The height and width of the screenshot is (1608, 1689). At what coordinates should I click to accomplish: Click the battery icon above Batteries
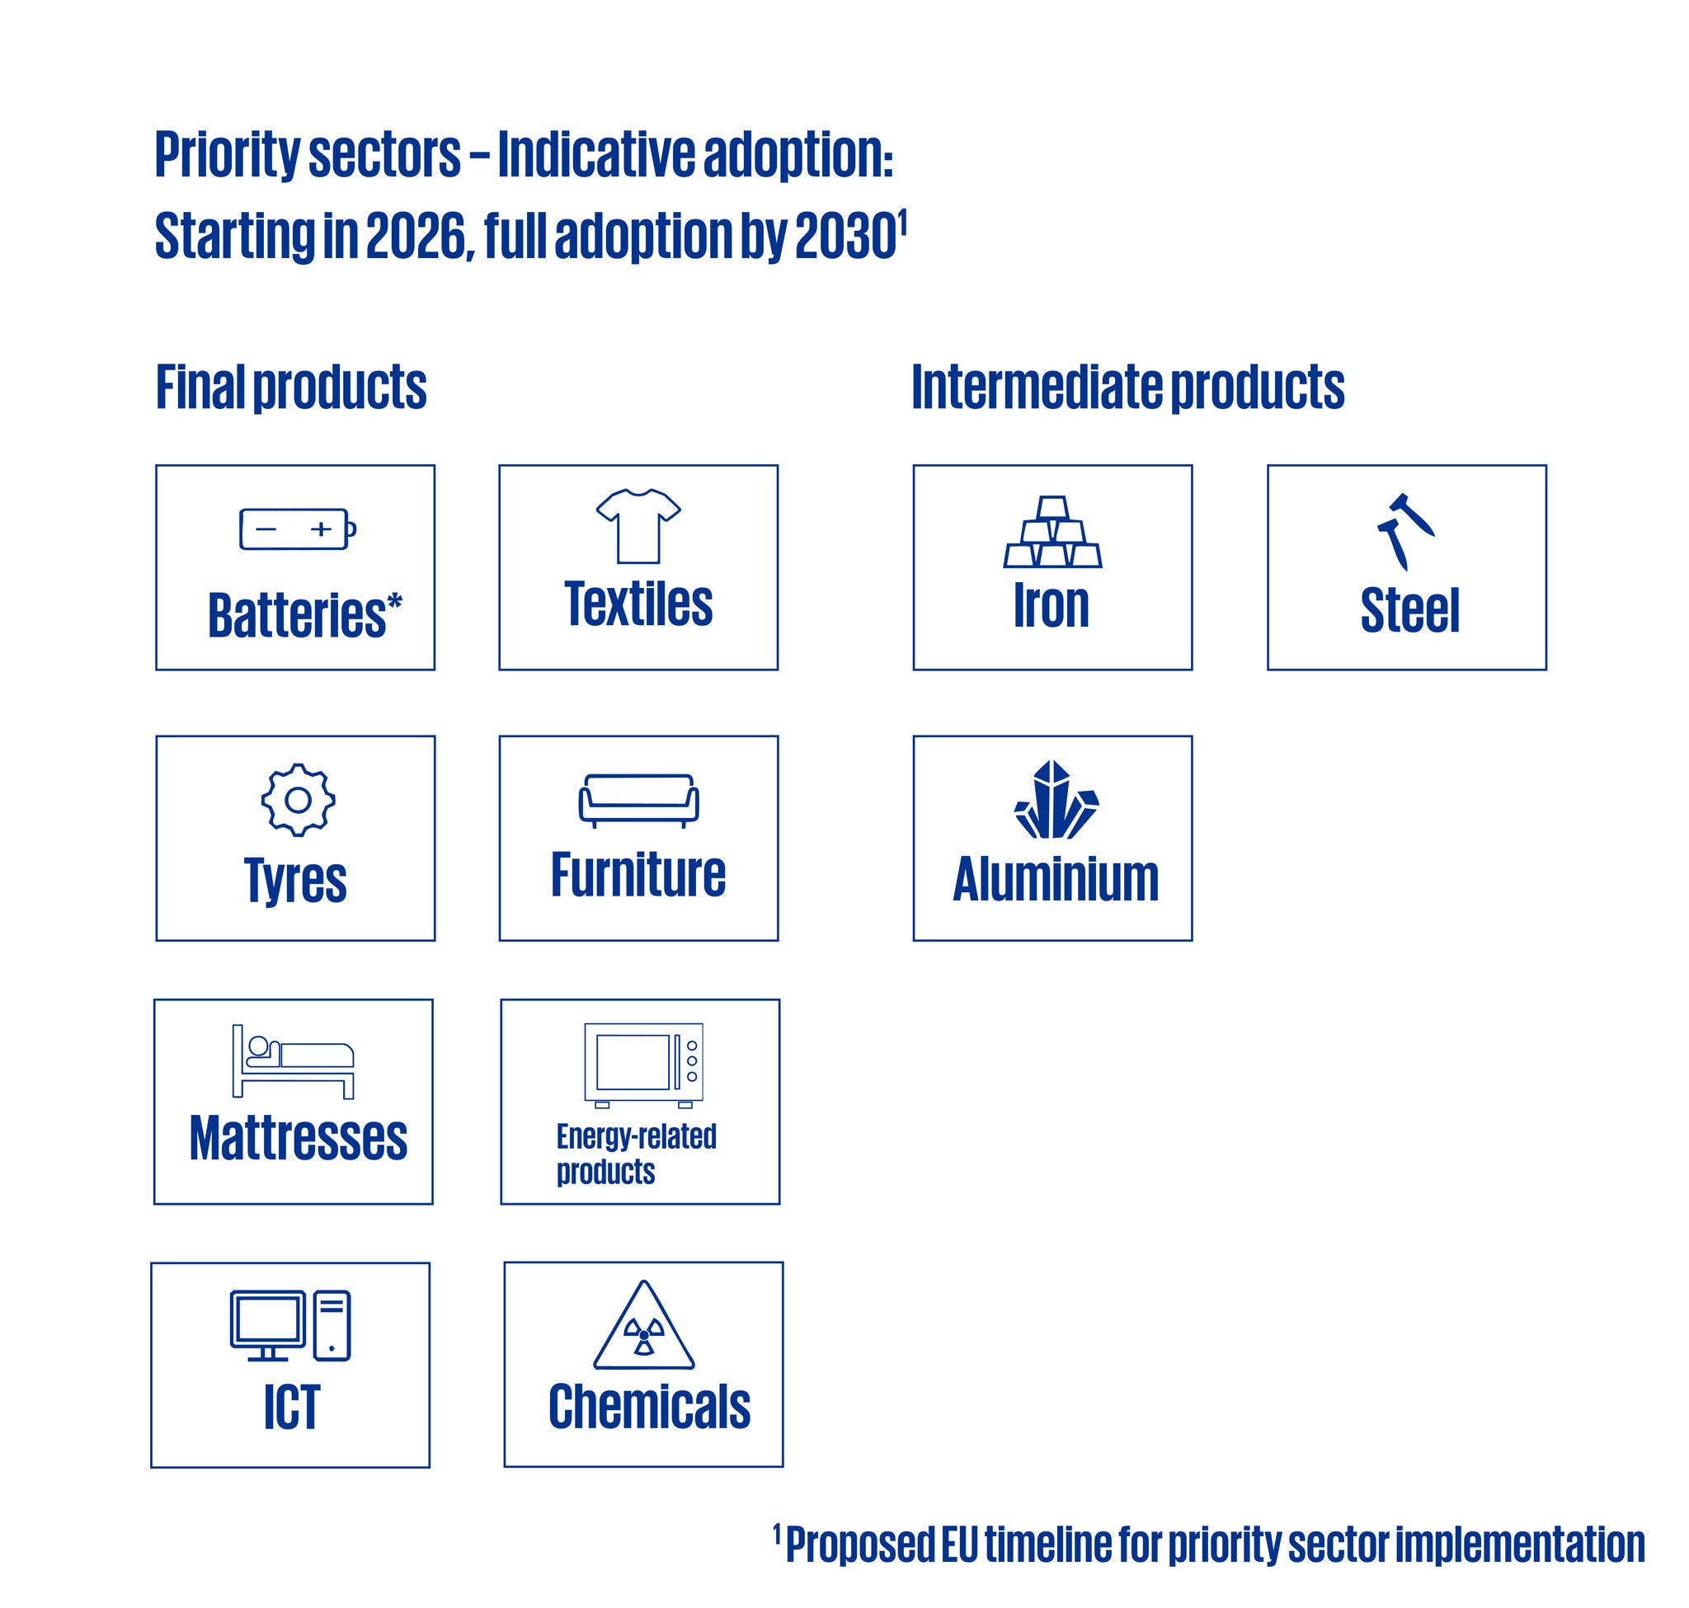point(298,529)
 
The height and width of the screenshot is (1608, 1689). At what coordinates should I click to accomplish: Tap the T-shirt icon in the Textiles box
point(638,526)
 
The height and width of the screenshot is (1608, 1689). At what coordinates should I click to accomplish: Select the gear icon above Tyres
point(298,800)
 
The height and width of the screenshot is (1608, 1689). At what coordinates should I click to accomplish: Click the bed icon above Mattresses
point(294,1061)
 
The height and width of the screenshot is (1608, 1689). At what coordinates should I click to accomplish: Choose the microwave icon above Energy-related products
point(644,1065)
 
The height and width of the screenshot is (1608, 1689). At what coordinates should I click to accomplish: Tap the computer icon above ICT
point(290,1325)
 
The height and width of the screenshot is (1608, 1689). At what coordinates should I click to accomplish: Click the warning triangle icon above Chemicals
point(644,1325)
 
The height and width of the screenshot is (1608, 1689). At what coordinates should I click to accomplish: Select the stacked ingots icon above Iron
point(1053,531)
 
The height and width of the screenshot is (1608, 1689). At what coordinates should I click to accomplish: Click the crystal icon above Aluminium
point(1056,799)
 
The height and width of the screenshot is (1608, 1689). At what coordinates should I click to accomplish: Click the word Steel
point(1409,611)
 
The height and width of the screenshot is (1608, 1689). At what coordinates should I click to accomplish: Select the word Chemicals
point(649,1408)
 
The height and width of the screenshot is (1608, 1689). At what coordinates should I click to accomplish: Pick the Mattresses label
point(299,1138)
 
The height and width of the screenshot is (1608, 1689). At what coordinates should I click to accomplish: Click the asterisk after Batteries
point(394,602)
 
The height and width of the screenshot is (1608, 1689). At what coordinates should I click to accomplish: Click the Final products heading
point(290,388)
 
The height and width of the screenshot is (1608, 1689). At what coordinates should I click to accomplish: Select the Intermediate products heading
point(1128,388)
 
